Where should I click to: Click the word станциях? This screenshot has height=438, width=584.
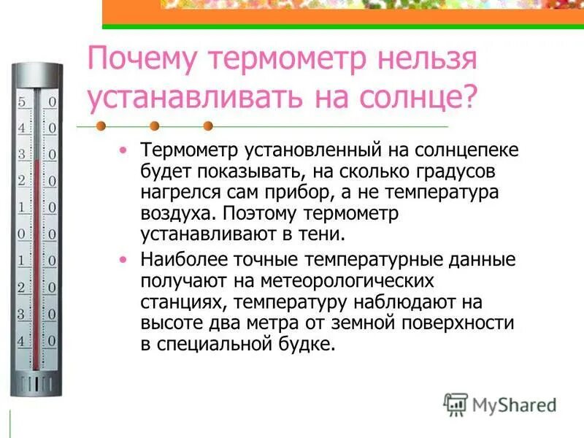174,302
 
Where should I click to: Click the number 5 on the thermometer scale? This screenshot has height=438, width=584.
22,102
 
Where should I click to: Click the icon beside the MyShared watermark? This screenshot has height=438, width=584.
456,404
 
